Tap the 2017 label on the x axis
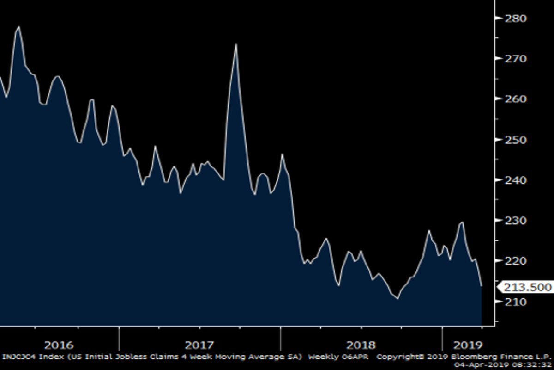tap(199, 345)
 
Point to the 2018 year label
tap(361, 345)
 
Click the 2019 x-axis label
tap(469, 345)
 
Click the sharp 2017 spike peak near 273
tap(236, 44)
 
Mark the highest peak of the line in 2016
tap(18, 27)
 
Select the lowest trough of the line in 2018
tap(397, 299)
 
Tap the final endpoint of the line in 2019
tap(482, 286)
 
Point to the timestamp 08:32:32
tap(535, 364)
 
